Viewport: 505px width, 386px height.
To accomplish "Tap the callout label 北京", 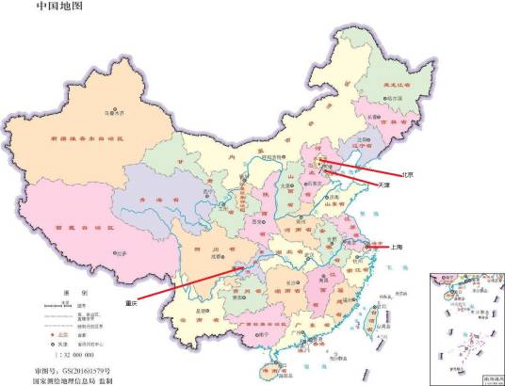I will [x=409, y=174].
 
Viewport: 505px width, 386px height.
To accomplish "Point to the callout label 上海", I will [x=397, y=247].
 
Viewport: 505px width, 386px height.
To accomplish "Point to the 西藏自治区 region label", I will [x=82, y=229].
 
